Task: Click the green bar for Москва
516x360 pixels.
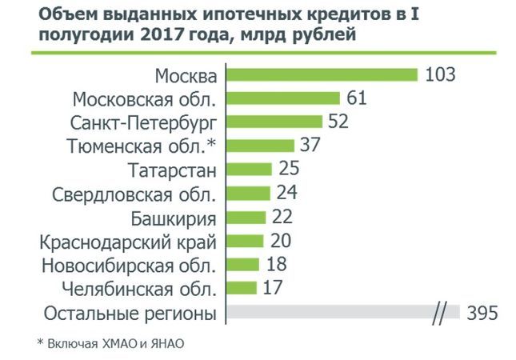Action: tap(322, 75)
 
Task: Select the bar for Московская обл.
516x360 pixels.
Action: tap(283, 98)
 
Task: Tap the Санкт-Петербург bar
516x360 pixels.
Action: tap(274, 122)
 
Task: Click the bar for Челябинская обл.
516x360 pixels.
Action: tap(242, 287)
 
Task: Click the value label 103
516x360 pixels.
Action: tap(440, 75)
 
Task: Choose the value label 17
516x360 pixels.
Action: tap(274, 287)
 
